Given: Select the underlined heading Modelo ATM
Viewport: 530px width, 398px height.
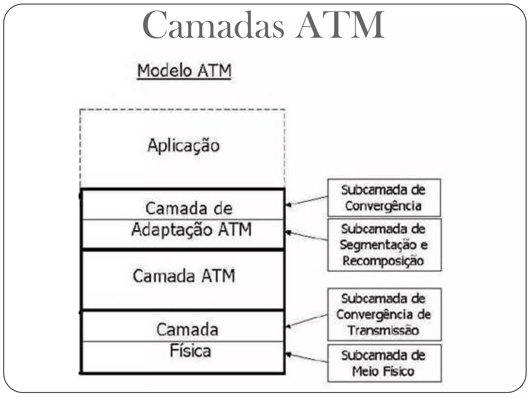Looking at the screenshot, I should coord(184,71).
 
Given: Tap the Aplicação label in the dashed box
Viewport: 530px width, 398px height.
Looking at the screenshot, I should coord(183,146).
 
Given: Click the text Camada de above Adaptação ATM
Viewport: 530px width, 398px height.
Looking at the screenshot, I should coord(189,208).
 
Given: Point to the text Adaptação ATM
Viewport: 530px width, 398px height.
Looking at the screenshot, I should coord(192,230).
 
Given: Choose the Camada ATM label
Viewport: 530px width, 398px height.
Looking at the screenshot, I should coord(184,276).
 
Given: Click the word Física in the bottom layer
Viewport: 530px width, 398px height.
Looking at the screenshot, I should coord(190,351).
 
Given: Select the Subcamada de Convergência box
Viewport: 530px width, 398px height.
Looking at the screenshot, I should coord(384,198).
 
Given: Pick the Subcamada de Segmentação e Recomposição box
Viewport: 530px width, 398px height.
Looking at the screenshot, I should coord(384,245).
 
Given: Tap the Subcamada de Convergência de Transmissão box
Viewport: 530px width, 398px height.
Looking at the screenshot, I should coord(384,314).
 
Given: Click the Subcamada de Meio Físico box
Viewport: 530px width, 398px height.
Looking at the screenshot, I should coord(384,363).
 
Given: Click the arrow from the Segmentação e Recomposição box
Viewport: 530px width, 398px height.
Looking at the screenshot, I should coord(306,236).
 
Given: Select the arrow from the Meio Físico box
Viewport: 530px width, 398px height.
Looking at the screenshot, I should coord(306,358).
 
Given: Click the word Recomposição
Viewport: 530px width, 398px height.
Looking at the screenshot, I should coord(383,261).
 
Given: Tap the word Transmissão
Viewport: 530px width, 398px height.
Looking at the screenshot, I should coord(383,330).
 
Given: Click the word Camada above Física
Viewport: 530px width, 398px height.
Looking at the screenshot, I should coord(187,330).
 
